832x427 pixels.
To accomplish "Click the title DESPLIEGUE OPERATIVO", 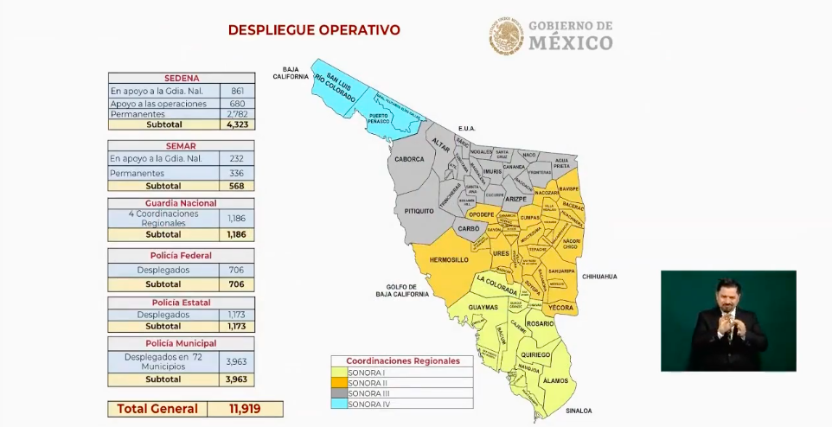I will point(314,30).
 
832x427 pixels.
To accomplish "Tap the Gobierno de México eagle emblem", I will point(507,37).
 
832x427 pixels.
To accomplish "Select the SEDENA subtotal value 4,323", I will point(236,124).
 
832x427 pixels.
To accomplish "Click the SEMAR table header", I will point(181,146).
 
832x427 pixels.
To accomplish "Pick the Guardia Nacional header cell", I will point(181,202).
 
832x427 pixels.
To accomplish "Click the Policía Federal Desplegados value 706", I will point(236,270).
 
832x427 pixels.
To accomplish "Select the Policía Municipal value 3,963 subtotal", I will point(236,379).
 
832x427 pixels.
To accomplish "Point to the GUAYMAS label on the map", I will point(483,307).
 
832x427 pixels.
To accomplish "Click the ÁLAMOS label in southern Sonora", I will point(554,379).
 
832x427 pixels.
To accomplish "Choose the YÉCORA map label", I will point(560,307).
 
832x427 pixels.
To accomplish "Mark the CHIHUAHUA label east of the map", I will point(599,277).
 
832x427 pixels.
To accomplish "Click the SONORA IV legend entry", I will point(368,403).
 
